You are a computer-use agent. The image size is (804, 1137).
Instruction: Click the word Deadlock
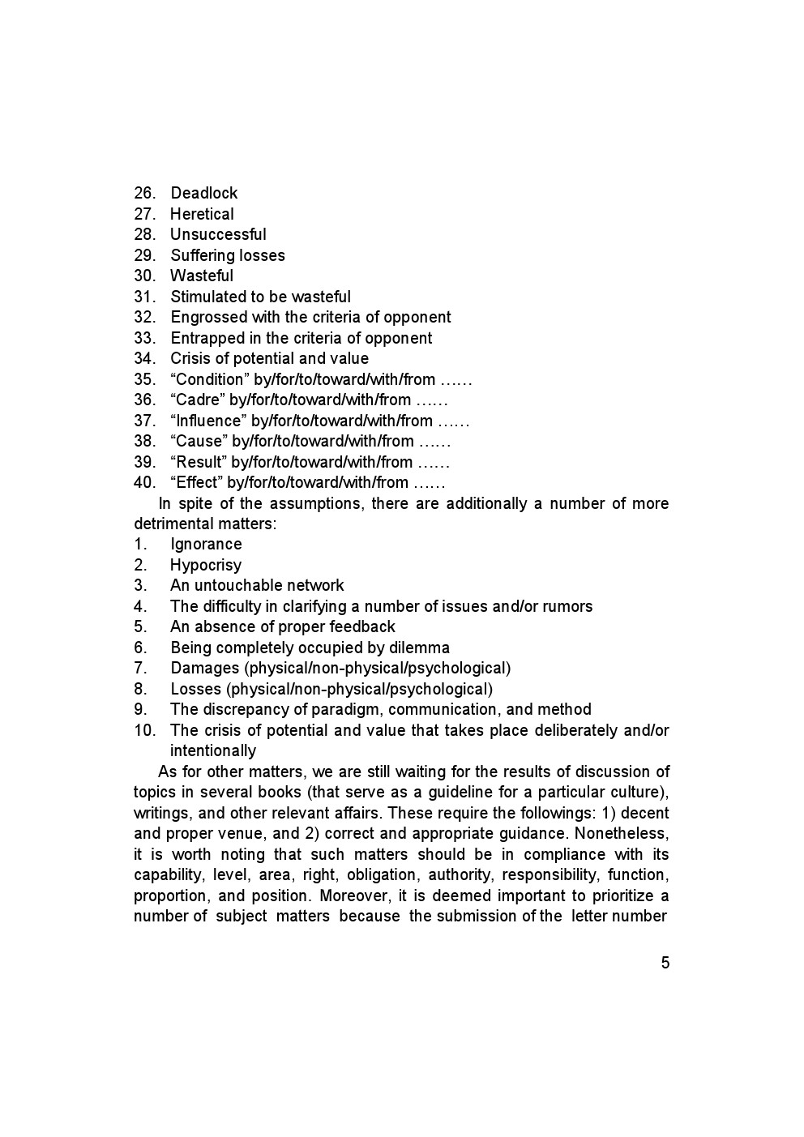[203, 193]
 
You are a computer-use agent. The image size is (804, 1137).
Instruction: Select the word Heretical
[202, 214]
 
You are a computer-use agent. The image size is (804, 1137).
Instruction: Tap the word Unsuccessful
[218, 234]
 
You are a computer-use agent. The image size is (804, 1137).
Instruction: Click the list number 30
[144, 276]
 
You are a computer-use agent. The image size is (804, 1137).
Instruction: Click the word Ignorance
[206, 544]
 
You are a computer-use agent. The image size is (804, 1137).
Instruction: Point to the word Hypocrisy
[206, 565]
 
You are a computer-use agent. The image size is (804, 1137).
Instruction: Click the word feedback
[362, 626]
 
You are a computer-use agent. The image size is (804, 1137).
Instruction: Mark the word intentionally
[213, 750]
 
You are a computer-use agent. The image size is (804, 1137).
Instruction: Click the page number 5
[665, 963]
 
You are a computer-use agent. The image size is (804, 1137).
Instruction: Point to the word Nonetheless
[622, 833]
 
